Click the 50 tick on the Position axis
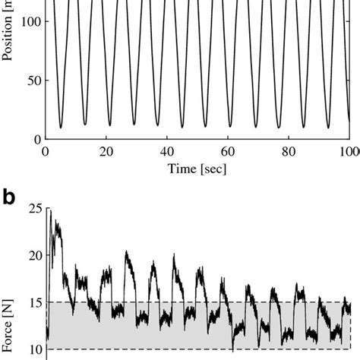(x=31, y=81)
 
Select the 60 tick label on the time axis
(x=228, y=150)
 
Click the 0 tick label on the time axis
(x=46, y=150)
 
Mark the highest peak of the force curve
(x=51, y=211)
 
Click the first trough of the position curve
(x=61, y=128)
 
